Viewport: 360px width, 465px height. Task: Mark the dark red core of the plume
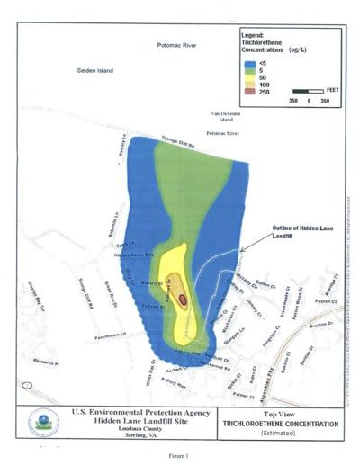coord(183,299)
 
